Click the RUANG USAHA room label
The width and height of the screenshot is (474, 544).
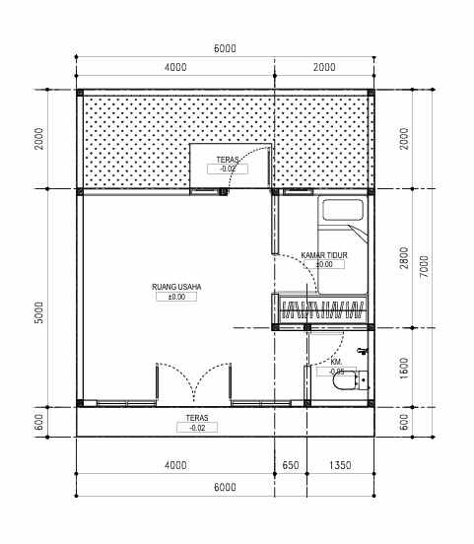tap(176, 287)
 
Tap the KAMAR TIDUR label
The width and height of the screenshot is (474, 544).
tap(324, 255)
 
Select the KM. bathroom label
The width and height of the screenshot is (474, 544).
tap(336, 363)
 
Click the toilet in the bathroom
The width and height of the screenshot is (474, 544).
tap(350, 380)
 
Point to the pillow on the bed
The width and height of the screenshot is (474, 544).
tap(343, 210)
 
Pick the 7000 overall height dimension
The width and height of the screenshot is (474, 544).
tap(425, 266)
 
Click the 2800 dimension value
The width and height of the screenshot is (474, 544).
tap(404, 258)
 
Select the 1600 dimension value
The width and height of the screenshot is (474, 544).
tap(404, 368)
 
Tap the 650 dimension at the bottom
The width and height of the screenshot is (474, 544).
tap(291, 465)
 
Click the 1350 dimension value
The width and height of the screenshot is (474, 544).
tap(340, 465)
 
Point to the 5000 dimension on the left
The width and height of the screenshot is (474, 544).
tap(39, 312)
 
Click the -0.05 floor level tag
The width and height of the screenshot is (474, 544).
tap(336, 372)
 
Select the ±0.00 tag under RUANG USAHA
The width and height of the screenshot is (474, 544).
tap(176, 297)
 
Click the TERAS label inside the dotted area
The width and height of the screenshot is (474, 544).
tap(228, 160)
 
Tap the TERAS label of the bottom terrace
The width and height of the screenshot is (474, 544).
tap(197, 418)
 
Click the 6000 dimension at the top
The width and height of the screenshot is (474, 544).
tap(225, 48)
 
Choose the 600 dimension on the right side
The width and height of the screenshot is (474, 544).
tap(404, 422)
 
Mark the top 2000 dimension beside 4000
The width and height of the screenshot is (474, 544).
tap(324, 67)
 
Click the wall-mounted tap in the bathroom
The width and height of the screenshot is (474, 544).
tap(363, 351)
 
